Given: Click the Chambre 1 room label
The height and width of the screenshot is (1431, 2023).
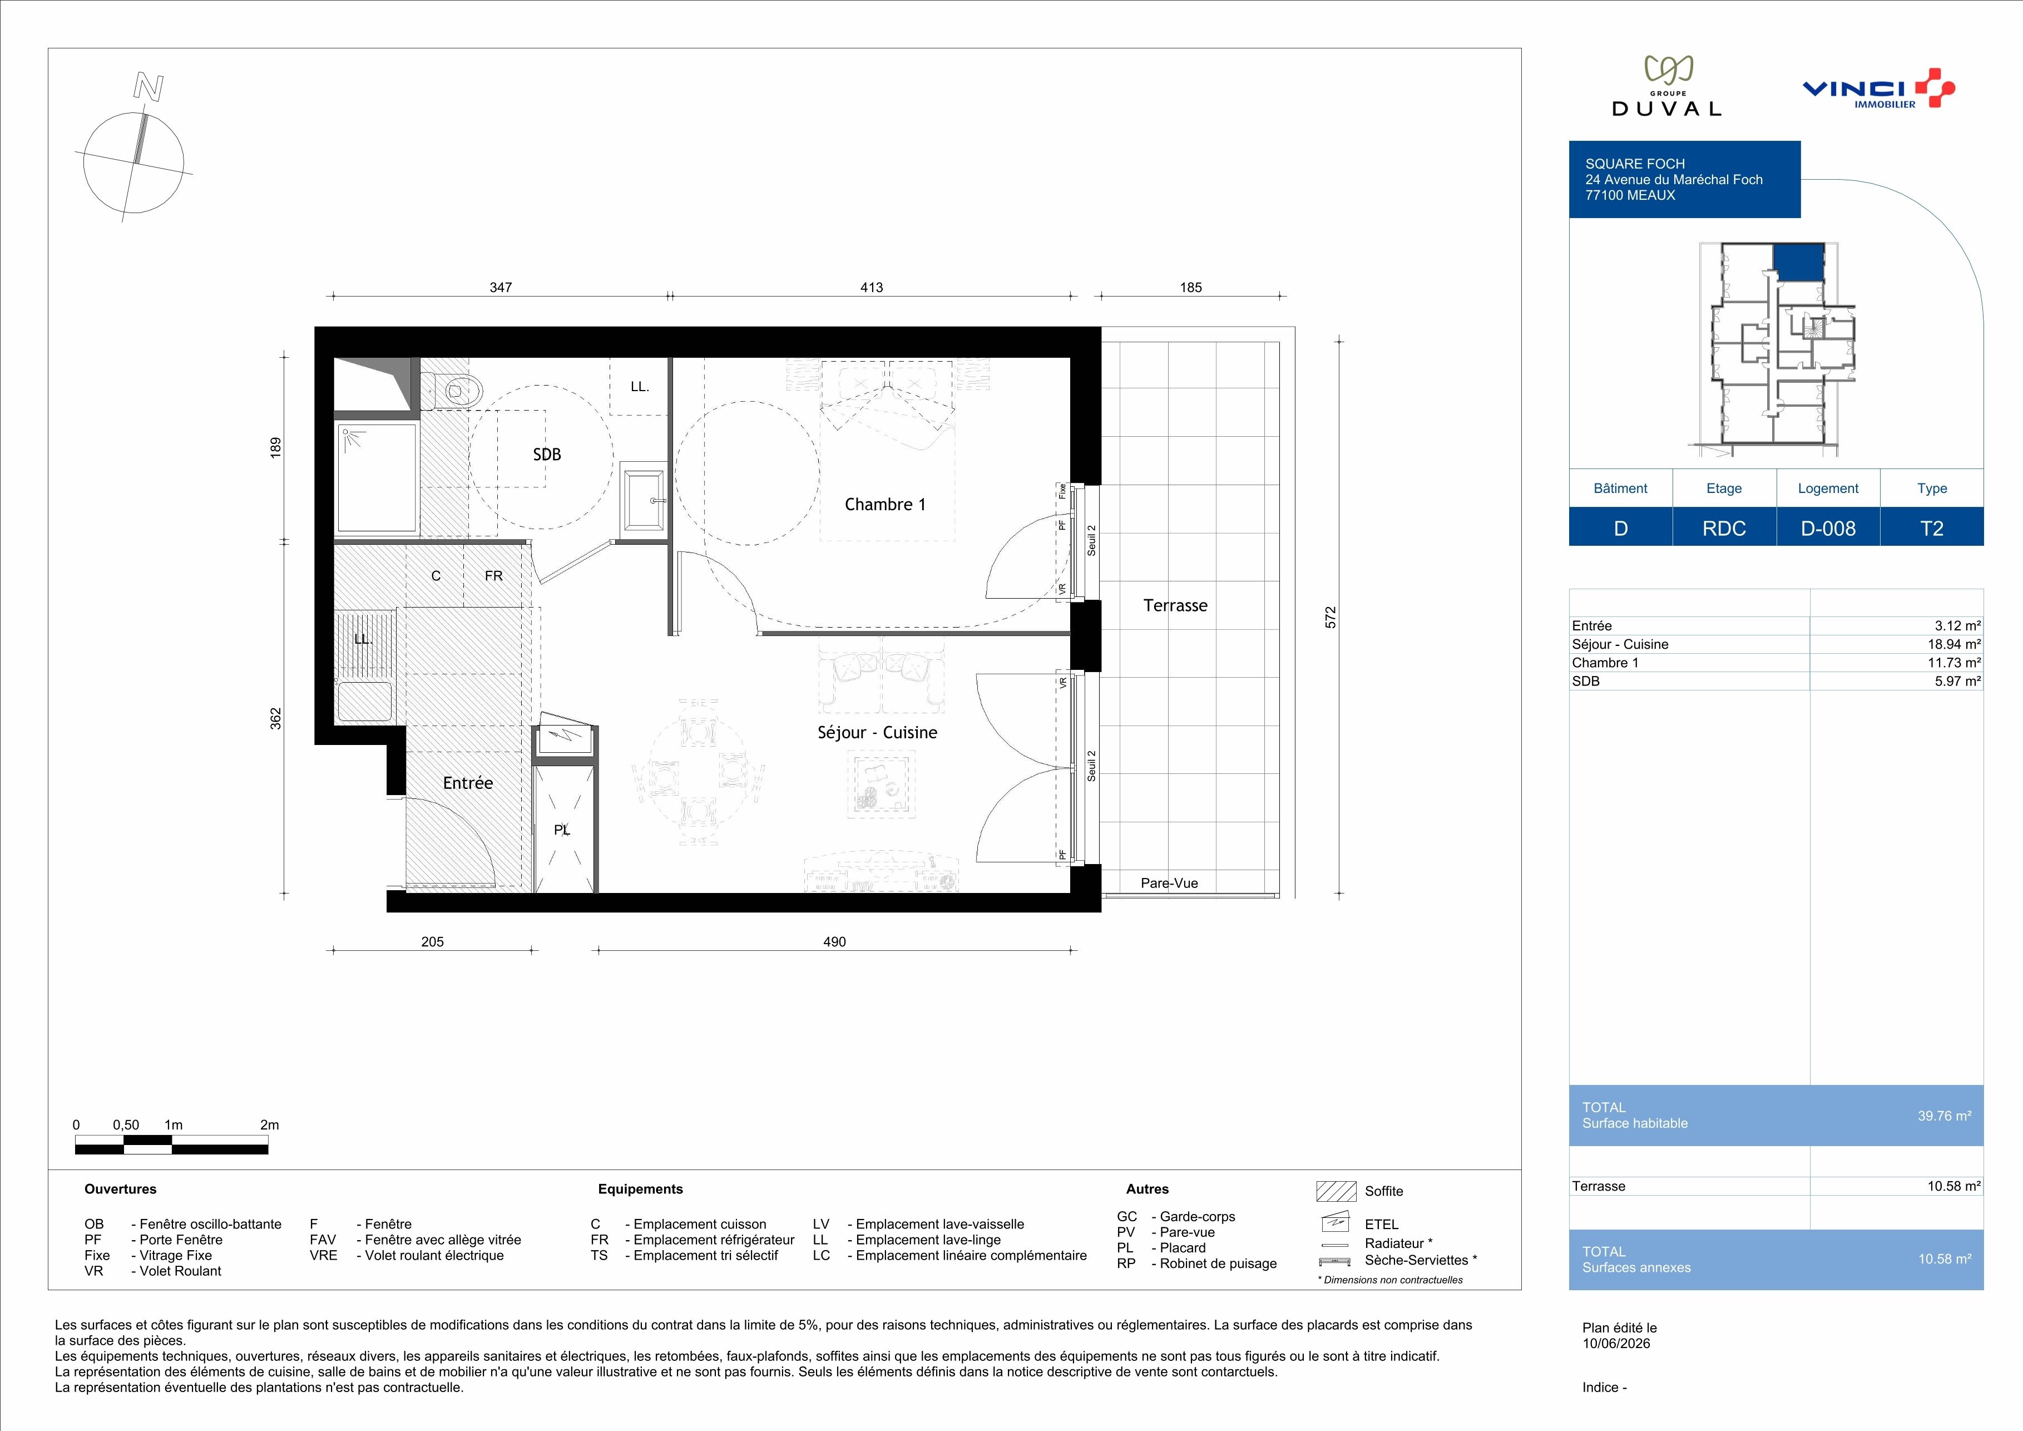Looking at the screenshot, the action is [884, 505].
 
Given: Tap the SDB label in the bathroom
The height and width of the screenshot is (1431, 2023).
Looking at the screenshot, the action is [546, 455].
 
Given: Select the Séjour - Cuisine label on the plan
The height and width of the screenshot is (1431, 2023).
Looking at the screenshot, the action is [877, 732].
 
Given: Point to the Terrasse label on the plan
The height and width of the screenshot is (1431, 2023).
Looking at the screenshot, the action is [1175, 605].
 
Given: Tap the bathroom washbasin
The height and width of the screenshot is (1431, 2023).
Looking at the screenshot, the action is [643, 501].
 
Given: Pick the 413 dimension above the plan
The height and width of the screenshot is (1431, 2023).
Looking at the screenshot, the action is [872, 287].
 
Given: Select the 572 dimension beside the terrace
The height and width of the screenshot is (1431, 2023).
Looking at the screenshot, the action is [1330, 617].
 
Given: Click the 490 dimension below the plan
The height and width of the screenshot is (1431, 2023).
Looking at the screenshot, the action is [834, 942].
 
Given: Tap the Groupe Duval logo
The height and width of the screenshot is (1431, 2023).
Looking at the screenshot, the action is [1666, 86].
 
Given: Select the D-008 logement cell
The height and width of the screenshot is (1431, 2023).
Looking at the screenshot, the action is [1828, 529].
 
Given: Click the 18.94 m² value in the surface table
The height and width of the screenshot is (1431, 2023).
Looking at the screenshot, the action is [1954, 644].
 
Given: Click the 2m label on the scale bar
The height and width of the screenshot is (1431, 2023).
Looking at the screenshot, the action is [270, 1124].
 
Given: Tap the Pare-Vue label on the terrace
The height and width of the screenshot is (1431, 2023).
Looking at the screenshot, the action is [1169, 883].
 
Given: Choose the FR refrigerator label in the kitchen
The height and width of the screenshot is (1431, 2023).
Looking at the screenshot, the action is [493, 575].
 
